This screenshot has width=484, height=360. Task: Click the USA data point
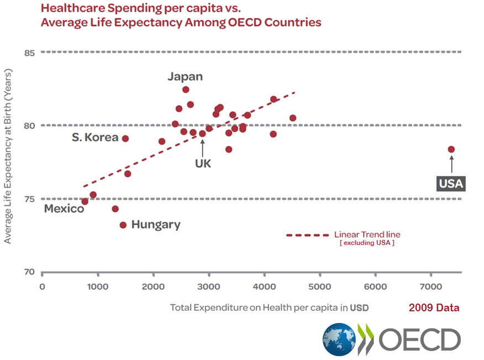point(451,149)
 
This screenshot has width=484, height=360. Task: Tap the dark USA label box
point(451,184)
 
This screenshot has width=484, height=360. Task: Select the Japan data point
point(186,90)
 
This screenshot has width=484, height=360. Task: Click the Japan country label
point(185,77)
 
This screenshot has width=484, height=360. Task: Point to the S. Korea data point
point(125,138)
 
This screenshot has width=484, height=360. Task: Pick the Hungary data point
point(123,225)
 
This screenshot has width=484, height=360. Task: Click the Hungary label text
point(156,225)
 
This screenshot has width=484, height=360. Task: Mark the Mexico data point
point(85,201)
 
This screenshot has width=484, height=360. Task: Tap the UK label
point(203,164)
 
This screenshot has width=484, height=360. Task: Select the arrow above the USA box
point(451,165)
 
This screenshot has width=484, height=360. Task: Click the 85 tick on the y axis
point(29,53)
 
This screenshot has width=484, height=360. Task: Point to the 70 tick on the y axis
point(29,272)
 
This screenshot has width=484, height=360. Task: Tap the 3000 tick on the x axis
point(209,286)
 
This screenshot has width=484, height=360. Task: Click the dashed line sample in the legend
point(307,235)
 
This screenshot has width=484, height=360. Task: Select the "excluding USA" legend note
point(366,243)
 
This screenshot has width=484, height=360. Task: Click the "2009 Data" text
point(434,308)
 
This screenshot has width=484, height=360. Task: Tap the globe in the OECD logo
point(339,339)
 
